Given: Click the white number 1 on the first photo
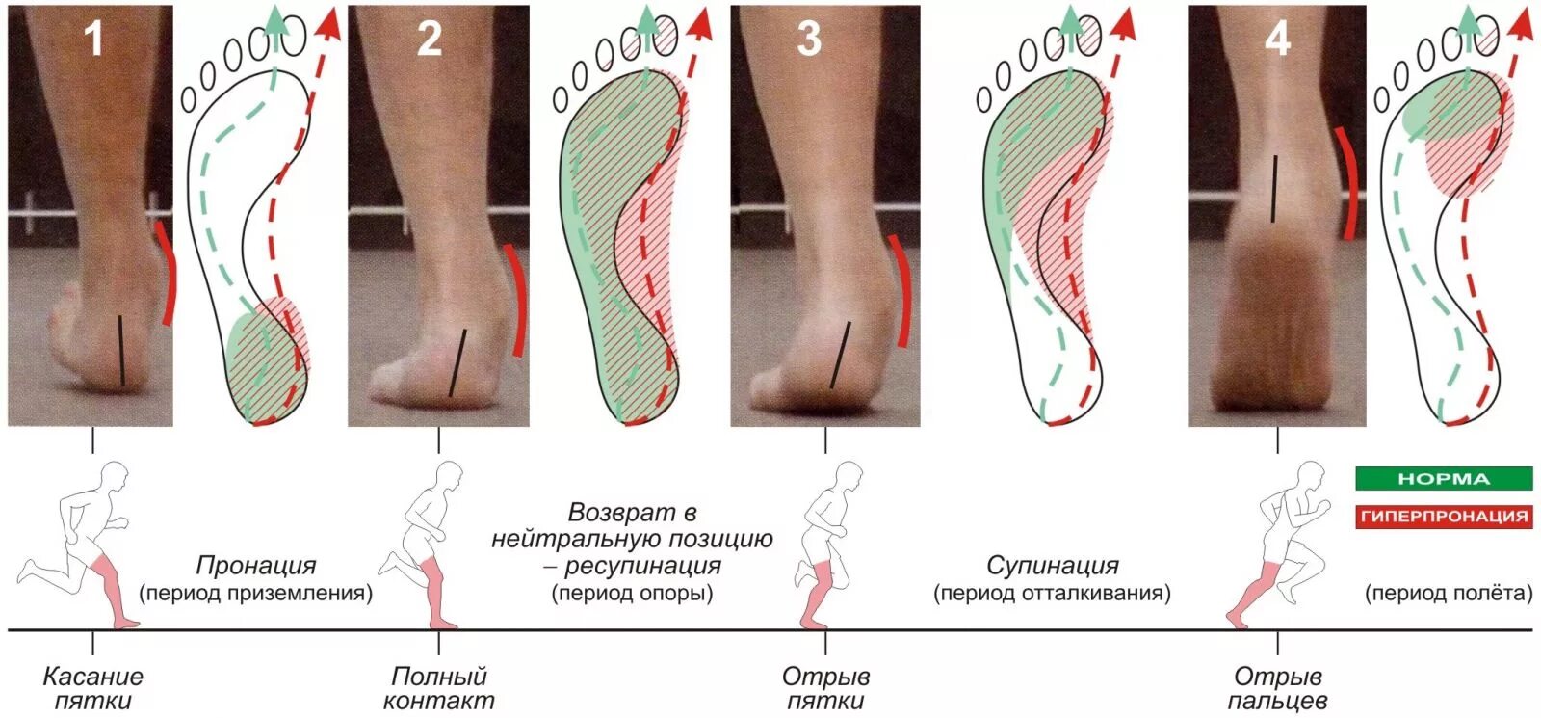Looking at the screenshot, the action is [92, 39].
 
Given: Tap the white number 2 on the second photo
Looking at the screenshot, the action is [430, 39].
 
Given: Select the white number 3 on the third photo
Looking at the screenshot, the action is [809, 39].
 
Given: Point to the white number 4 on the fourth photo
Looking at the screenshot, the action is [1277, 39].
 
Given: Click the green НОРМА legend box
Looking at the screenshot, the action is [1443, 478].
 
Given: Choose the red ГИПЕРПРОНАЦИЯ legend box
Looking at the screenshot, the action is [1443, 516].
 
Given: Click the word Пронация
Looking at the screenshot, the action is [255, 566].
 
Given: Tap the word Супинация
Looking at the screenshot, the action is [1052, 566].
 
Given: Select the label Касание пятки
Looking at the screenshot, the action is [92, 688].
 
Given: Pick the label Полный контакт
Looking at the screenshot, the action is [438, 688].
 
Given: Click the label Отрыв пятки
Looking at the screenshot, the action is [825, 688].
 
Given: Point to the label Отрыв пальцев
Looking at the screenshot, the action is [1277, 688].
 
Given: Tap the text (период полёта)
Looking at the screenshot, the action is [1448, 593].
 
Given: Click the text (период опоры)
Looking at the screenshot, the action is [632, 593].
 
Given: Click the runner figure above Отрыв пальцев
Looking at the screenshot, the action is [1281, 545].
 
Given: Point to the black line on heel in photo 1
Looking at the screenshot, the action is [121, 350].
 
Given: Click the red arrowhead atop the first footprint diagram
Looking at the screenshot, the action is [329, 23].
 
